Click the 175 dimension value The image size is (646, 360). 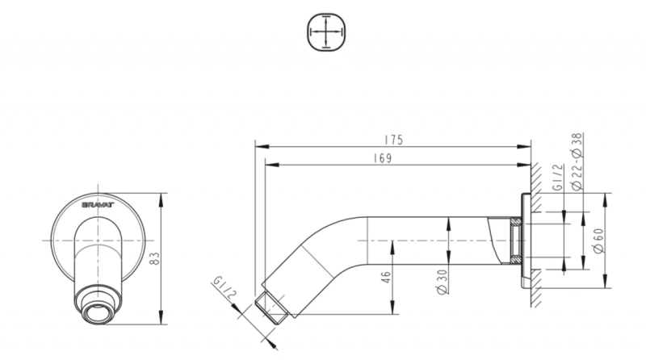click(x=393, y=140)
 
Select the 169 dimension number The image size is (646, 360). click(x=383, y=158)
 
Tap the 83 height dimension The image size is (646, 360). click(x=154, y=258)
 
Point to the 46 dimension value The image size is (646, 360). click(x=387, y=277)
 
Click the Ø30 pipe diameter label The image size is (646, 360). click(x=442, y=283)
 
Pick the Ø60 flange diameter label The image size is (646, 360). click(x=598, y=241)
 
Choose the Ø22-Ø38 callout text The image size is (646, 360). click(x=577, y=161)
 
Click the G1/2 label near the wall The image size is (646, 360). click(x=557, y=178)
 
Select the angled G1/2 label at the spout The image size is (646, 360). click(x=225, y=287)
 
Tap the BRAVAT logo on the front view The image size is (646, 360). click(x=98, y=205)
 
